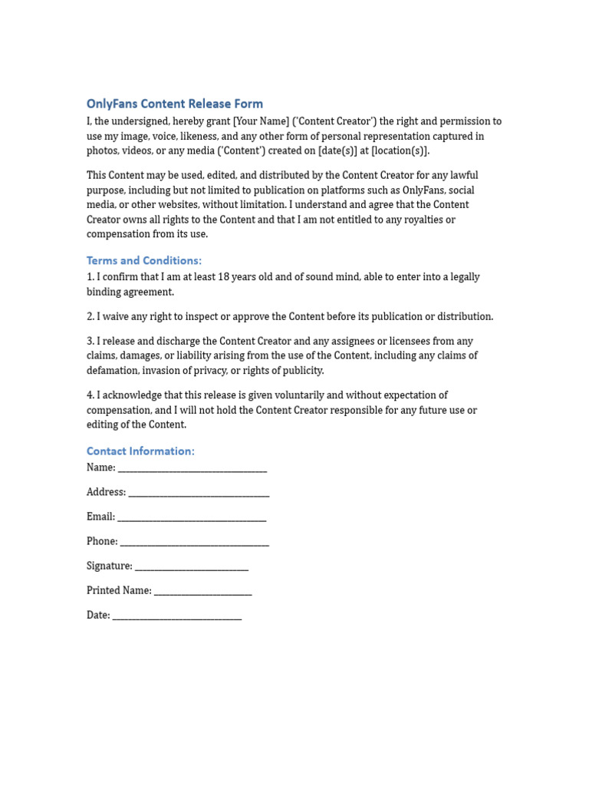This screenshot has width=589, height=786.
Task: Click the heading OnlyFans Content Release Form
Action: (x=175, y=104)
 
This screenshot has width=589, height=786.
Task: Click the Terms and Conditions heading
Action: (x=144, y=260)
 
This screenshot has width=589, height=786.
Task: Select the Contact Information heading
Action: (x=140, y=451)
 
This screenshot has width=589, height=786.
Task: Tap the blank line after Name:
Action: (x=192, y=468)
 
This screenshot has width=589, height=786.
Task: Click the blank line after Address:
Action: (x=199, y=493)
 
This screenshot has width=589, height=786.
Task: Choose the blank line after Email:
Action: (x=192, y=517)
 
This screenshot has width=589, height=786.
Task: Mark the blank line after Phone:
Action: (x=195, y=542)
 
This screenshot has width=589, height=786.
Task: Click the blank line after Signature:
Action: (x=192, y=566)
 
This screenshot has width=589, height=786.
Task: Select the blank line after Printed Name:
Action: (x=202, y=591)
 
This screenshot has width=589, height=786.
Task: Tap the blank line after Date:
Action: (x=177, y=616)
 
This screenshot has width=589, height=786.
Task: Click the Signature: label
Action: (x=110, y=566)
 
